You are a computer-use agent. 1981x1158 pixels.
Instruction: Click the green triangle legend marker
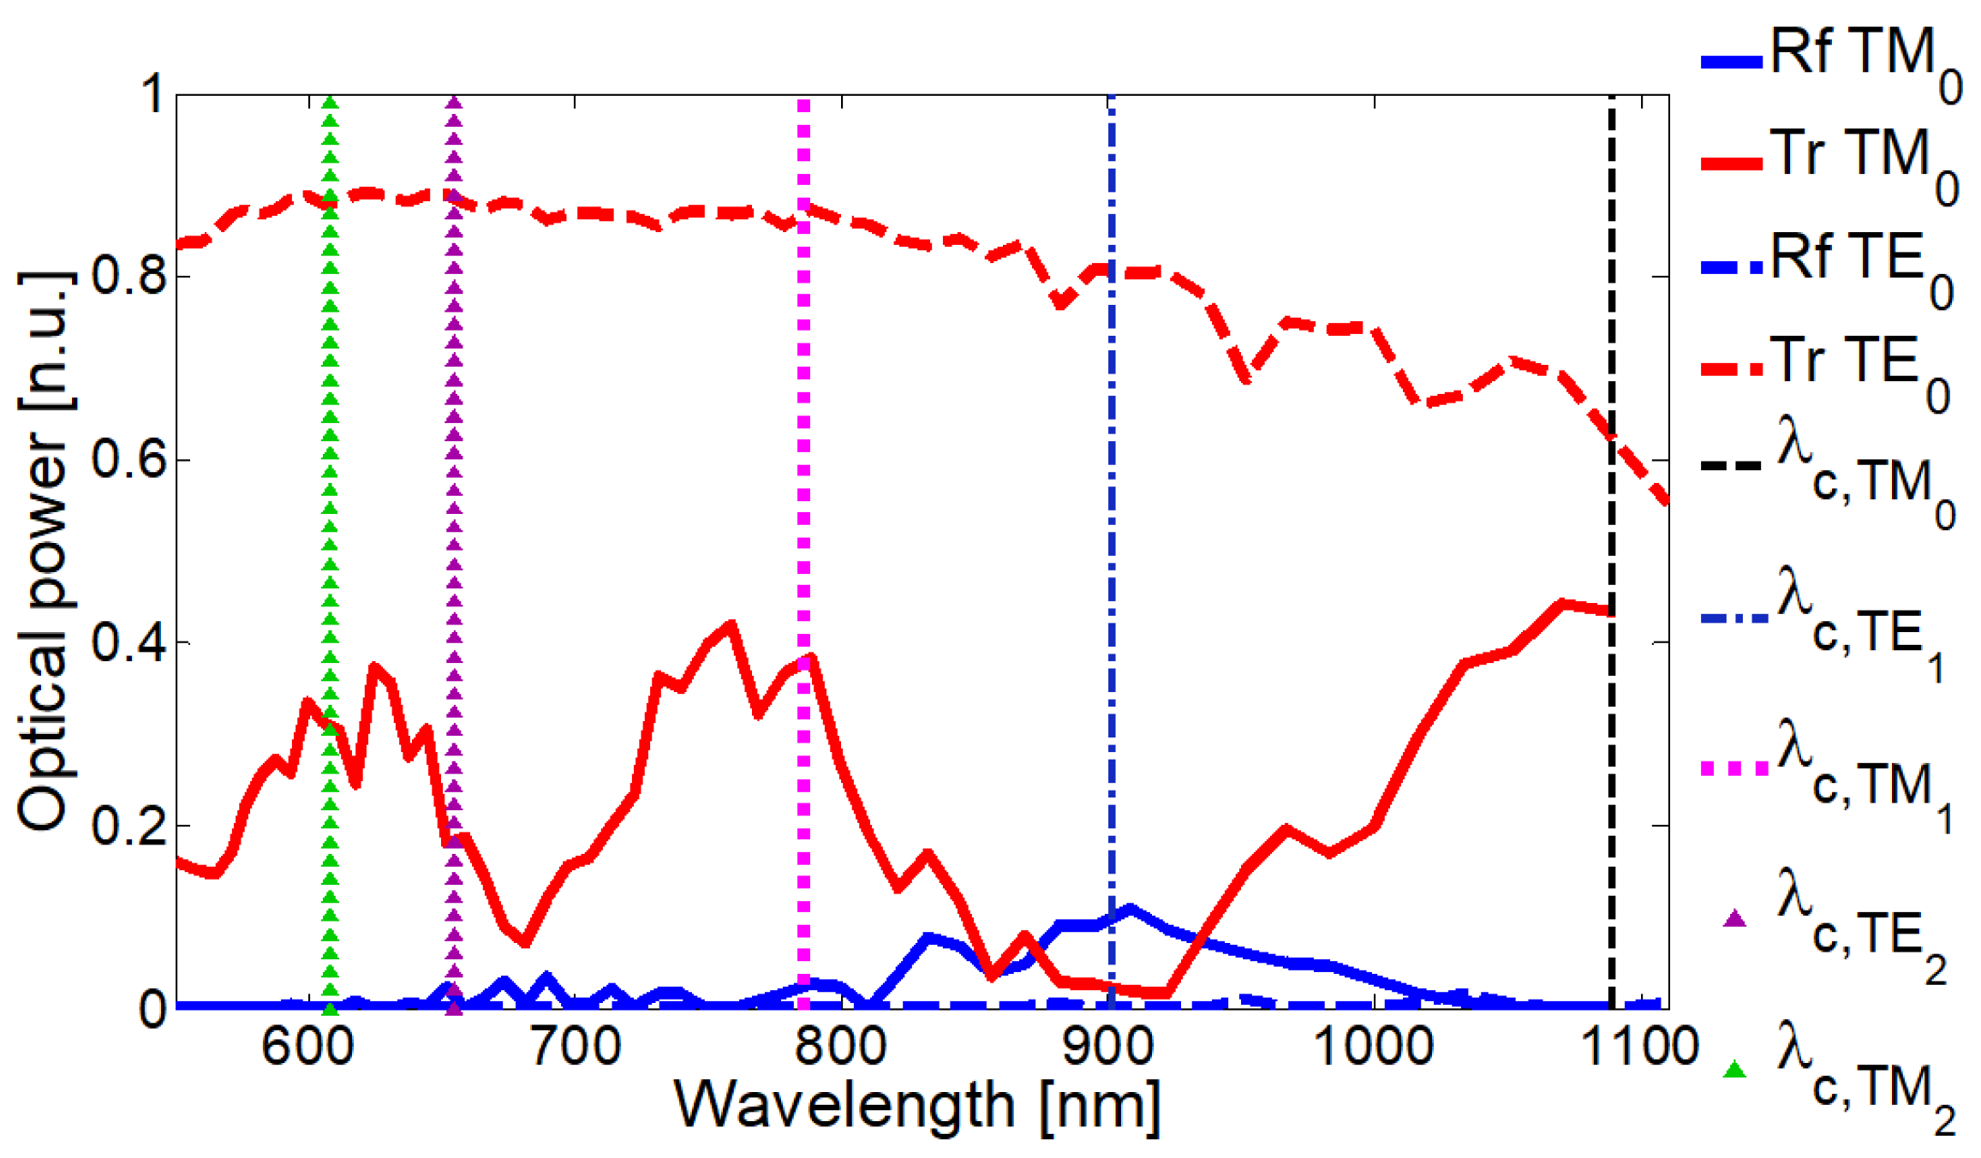click(x=1734, y=1069)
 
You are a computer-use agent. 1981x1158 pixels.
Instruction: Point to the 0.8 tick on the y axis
click(x=128, y=277)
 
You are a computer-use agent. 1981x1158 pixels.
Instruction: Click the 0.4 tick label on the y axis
click(x=128, y=642)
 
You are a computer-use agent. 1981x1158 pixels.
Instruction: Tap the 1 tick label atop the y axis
click(x=152, y=94)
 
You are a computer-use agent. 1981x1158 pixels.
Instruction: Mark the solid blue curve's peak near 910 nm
click(x=1130, y=909)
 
